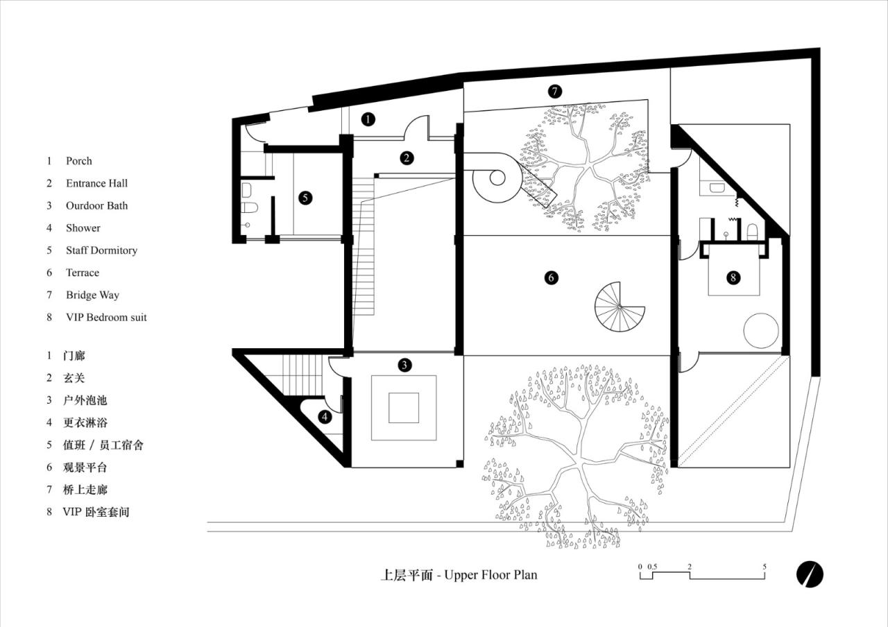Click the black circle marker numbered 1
(368, 119)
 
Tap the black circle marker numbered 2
(407, 158)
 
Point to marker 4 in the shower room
(325, 417)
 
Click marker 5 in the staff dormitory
(305, 198)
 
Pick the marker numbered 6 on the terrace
(552, 277)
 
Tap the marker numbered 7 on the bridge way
(554, 91)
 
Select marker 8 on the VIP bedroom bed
(733, 277)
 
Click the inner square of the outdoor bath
(403, 407)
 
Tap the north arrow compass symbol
(809, 573)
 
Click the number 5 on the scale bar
(765, 567)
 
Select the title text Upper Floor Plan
(490, 575)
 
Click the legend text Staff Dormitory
(101, 250)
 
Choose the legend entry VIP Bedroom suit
(106, 318)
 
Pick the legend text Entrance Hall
(96, 183)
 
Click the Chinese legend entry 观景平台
(85, 467)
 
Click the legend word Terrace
(83, 273)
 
